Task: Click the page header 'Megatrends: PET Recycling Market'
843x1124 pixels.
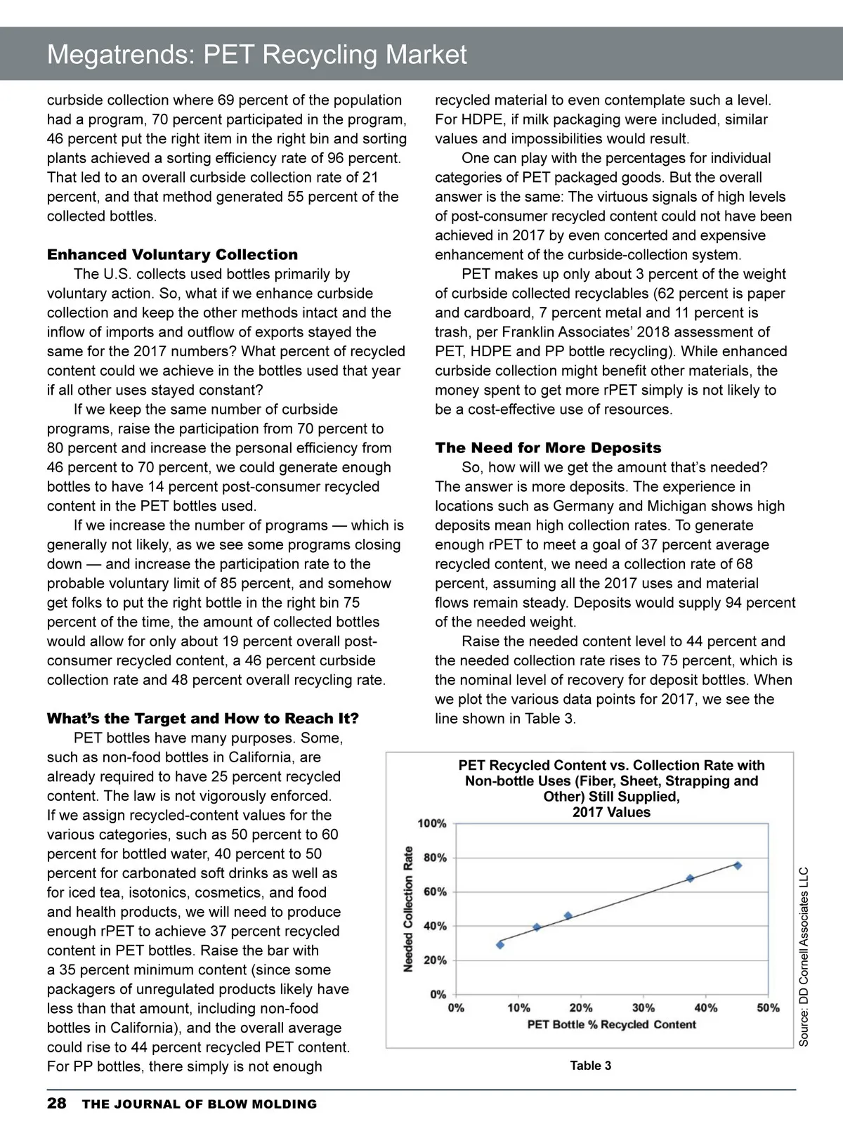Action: (x=256, y=55)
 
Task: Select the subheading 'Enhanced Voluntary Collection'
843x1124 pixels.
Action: (x=172, y=254)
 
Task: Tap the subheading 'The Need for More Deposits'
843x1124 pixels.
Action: (x=548, y=447)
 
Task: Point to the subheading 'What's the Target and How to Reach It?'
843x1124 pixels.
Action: (x=202, y=718)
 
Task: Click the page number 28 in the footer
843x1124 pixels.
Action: (x=56, y=1103)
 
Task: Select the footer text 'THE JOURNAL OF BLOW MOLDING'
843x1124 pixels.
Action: (x=200, y=1104)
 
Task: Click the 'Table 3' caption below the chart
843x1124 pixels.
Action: (x=590, y=1066)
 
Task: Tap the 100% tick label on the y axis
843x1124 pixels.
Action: (x=432, y=823)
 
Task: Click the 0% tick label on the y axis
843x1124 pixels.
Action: (x=438, y=994)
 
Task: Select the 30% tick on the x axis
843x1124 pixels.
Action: (x=643, y=1007)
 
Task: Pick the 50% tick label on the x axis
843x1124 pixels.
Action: (x=768, y=1007)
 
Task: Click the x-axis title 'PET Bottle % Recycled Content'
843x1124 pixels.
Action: (x=611, y=1024)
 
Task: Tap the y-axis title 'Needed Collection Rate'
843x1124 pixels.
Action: (x=408, y=909)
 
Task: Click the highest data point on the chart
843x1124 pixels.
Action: (x=738, y=865)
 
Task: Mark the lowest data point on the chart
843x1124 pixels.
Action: (x=500, y=945)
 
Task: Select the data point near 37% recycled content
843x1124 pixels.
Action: (x=690, y=878)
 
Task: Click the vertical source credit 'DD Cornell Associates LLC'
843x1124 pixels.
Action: (x=804, y=956)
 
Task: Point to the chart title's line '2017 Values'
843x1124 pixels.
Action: (x=611, y=812)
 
